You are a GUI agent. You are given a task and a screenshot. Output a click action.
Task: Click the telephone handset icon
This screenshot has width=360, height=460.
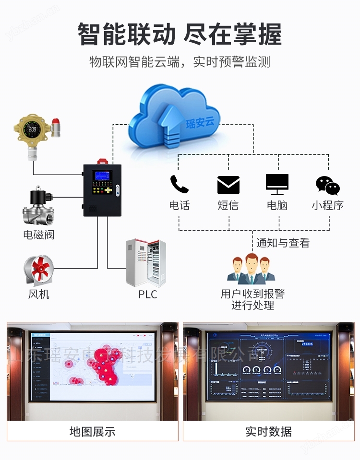179,184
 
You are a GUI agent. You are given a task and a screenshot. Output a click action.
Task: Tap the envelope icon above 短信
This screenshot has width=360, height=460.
228,185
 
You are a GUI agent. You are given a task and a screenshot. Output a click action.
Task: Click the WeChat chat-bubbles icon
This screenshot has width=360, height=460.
328,185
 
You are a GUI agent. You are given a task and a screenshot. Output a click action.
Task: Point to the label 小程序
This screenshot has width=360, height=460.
328,205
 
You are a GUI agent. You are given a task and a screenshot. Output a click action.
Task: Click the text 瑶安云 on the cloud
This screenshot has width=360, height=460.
200,122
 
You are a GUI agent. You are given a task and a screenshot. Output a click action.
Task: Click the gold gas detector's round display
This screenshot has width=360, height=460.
33,129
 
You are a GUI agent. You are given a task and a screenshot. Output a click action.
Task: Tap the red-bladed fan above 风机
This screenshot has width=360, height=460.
39,271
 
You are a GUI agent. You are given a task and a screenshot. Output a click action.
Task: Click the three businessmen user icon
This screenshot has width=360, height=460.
251,269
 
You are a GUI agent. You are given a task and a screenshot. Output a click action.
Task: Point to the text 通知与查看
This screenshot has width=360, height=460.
283,243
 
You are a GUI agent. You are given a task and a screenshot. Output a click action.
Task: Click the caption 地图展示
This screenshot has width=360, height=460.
93,431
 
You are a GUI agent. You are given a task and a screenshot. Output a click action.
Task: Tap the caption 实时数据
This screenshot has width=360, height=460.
268,431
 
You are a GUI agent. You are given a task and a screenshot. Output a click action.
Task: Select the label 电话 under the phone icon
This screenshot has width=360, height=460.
180,205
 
